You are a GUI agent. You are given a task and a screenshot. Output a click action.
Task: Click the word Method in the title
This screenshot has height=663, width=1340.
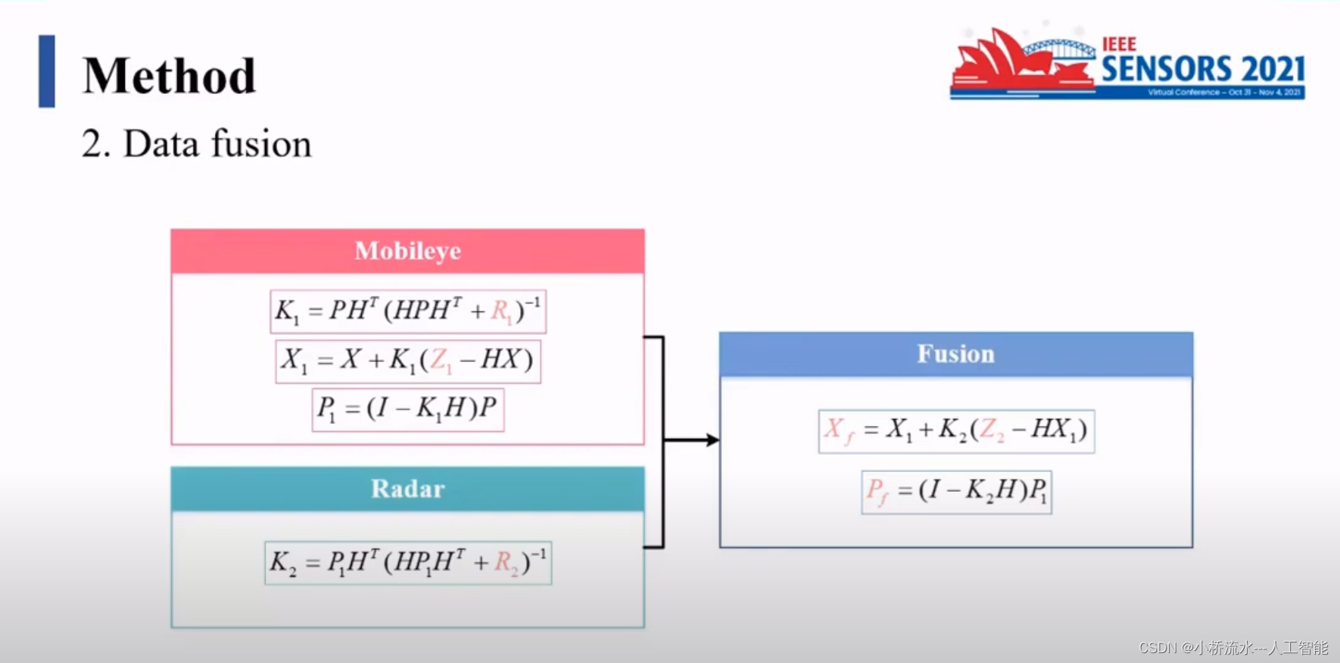tap(170, 76)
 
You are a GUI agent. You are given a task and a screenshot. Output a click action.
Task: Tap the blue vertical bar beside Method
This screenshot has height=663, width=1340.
tap(47, 71)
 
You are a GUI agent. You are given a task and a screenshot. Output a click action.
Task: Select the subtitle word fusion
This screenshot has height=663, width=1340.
tap(261, 143)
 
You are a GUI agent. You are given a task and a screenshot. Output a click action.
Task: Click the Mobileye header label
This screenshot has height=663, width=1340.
tap(407, 251)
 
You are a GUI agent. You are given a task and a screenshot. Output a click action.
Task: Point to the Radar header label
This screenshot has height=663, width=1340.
tap(407, 489)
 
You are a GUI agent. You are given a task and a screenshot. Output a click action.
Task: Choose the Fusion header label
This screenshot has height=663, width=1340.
tap(955, 354)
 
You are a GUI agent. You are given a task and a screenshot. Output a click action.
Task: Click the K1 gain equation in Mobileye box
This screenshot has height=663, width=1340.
tap(407, 311)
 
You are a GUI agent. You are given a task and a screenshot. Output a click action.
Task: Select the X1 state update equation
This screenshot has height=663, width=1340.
tap(407, 361)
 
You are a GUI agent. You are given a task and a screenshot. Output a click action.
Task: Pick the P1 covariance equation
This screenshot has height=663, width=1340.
tap(407, 409)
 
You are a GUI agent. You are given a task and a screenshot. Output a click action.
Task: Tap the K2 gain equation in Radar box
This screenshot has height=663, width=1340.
tap(407, 563)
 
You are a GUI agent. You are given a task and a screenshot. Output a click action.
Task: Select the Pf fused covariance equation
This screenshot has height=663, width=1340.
tap(955, 492)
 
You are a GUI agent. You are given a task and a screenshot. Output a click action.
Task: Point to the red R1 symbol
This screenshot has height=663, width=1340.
tap(501, 311)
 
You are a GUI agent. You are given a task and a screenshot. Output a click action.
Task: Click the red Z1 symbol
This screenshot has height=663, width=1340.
tap(440, 361)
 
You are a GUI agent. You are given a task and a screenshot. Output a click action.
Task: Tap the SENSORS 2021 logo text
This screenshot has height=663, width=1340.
tap(1202, 69)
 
